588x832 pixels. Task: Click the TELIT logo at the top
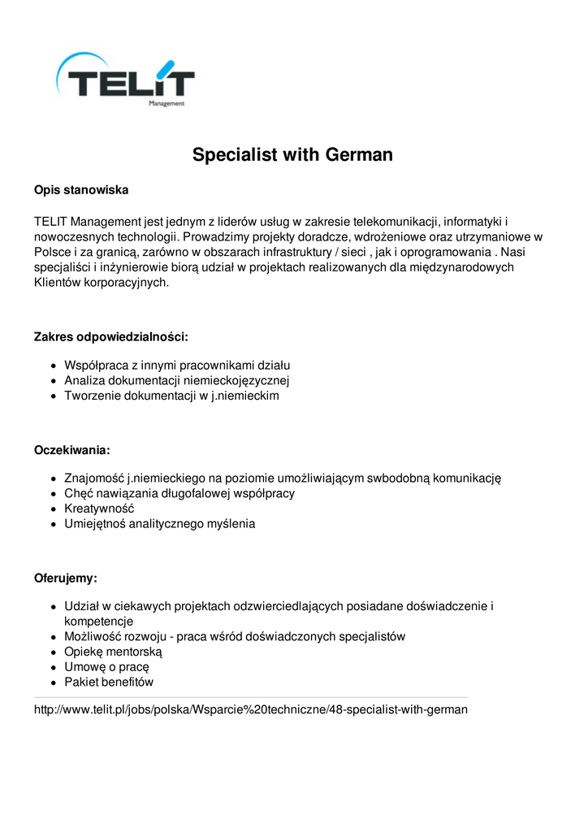pos(125,80)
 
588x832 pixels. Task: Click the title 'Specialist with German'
pos(292,154)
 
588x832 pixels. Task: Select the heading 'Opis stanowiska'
pos(81,190)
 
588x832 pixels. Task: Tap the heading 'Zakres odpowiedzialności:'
pos(110,336)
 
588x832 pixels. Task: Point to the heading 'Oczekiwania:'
pos(71,450)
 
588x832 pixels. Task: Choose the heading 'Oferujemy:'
pos(65,578)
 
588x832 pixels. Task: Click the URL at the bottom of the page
pos(250,709)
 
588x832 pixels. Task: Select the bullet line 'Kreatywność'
pos(99,509)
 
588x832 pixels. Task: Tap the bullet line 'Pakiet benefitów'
pos(109,682)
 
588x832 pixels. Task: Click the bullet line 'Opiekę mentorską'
pos(114,652)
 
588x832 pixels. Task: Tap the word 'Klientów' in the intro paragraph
pos(57,283)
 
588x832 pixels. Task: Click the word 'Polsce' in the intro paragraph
pos(52,252)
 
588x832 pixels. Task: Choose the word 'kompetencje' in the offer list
pos(98,621)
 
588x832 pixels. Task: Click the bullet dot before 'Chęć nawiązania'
pos(53,494)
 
